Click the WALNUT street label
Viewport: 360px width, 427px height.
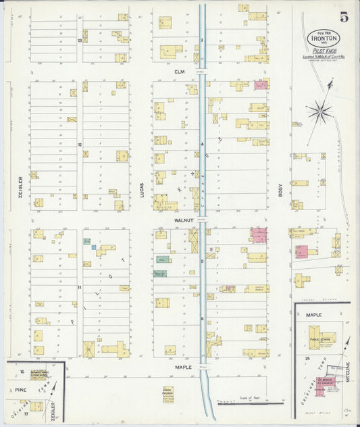tap(183, 220)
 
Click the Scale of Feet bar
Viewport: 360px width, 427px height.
tap(250, 403)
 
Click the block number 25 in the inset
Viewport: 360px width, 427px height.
tap(307, 357)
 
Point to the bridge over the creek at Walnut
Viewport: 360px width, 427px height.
tap(202, 220)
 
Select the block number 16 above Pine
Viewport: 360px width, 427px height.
tap(22, 372)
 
